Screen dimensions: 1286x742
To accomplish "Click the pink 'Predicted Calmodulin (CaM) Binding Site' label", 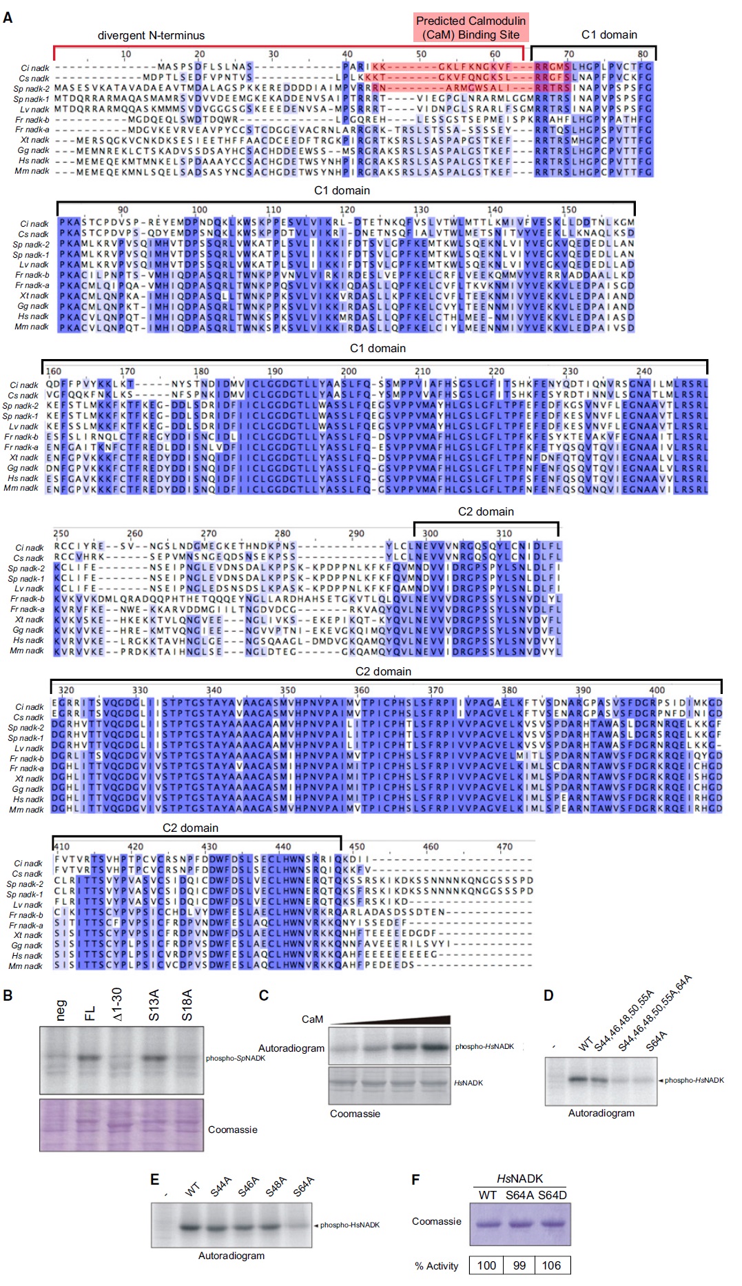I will (471, 28).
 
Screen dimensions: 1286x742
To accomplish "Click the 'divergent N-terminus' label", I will (151, 36).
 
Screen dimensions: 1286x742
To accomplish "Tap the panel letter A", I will (8, 17).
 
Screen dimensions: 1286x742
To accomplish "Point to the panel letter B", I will (8, 996).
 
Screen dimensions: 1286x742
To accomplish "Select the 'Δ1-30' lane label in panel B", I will (117, 1004).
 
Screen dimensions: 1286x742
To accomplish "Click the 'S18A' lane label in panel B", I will (187, 1006).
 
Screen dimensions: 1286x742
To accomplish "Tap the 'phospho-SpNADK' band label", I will (235, 1058).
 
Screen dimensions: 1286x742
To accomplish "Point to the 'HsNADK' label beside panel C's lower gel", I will (468, 1083).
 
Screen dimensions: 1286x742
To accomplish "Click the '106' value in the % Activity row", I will (551, 1265).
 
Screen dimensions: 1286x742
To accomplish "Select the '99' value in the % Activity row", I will (519, 1265).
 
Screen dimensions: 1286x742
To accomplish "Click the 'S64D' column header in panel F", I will (552, 1195).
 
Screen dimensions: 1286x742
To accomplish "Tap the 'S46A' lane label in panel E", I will (248, 1187).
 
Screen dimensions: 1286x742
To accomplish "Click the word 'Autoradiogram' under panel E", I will (231, 1256).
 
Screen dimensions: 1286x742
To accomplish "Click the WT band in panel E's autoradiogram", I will (190, 1227).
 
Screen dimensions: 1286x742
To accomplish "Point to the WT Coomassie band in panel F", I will (488, 1223).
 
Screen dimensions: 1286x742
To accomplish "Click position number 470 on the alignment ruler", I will (504, 847).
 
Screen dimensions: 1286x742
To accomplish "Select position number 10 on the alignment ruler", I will (125, 54).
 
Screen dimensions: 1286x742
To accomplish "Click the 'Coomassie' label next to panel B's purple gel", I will (232, 1130).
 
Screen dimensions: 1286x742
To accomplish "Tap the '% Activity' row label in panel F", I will (436, 1266).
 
